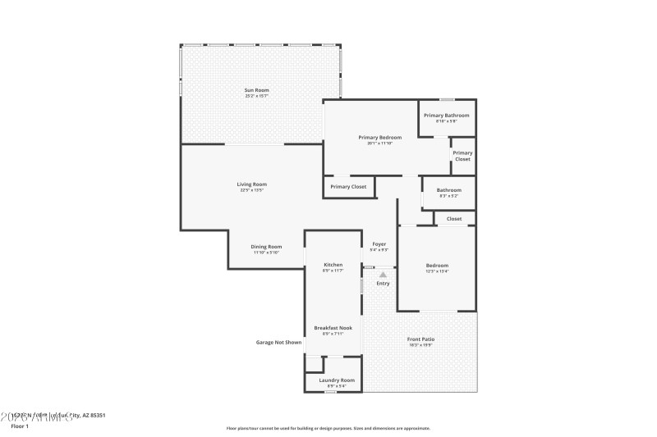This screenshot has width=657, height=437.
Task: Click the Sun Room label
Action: [x=256, y=90]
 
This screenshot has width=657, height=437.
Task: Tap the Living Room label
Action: [x=252, y=184]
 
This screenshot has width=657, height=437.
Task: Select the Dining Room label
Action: [x=266, y=247]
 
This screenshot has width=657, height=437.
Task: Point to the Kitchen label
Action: [x=333, y=266]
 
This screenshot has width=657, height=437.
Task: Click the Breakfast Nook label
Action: [x=333, y=328]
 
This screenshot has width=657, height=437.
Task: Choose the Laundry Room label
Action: [x=337, y=380]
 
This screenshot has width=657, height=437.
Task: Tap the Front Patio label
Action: [x=420, y=339]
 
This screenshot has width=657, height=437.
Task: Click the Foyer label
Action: [x=379, y=244]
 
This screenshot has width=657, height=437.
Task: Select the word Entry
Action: [x=383, y=284]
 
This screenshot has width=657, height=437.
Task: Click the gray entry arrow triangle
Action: [x=383, y=275]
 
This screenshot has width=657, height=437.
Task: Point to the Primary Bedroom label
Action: [x=379, y=138]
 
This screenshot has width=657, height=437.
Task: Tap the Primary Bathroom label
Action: [x=446, y=116]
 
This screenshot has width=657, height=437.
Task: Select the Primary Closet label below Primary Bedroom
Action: [x=348, y=187]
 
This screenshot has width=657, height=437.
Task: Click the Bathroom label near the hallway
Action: [x=448, y=190]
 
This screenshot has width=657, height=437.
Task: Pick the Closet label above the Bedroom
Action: [x=454, y=219]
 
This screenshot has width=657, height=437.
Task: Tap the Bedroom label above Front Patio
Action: [x=437, y=266]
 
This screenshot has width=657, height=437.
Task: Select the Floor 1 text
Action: [x=20, y=426]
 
